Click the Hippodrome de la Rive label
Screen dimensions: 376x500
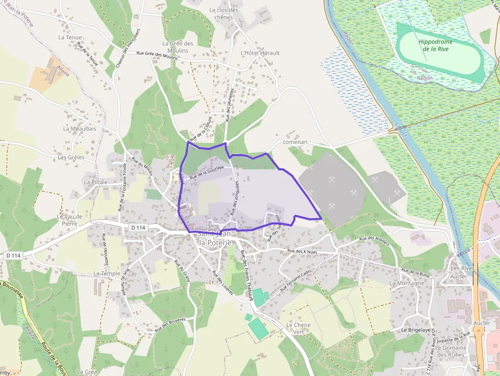point(435,45)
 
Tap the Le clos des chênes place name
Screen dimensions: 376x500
point(223,14)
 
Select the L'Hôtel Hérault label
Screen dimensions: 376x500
point(260,53)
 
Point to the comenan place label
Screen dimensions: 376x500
point(295,142)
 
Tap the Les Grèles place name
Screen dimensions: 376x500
point(71,158)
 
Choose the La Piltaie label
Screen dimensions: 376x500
point(96,182)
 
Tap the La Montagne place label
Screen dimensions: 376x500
point(407,283)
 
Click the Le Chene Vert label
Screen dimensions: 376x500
point(298,329)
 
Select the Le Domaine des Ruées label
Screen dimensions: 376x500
point(452,352)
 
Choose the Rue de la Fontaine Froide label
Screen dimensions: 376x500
point(123,187)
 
